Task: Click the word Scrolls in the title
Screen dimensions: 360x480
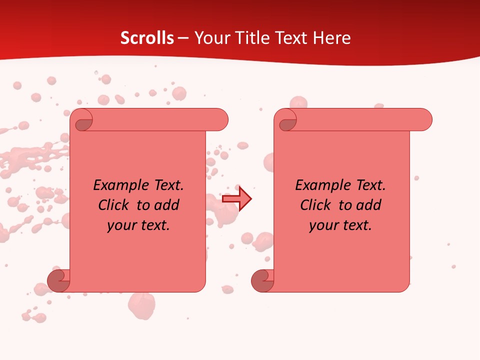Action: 147,38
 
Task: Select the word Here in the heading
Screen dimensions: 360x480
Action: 332,38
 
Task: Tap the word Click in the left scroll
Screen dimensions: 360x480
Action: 115,205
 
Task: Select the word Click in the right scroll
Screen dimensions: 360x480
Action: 317,205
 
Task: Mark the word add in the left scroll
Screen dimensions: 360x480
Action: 167,205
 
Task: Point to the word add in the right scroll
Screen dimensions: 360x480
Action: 369,205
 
